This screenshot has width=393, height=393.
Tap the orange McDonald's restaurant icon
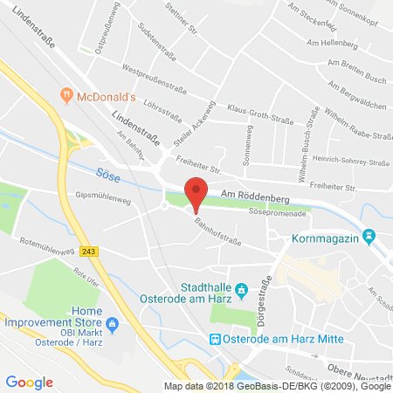pos(65,94)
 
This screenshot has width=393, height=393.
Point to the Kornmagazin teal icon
pos(369,236)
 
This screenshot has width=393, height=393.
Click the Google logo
pos(29,382)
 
